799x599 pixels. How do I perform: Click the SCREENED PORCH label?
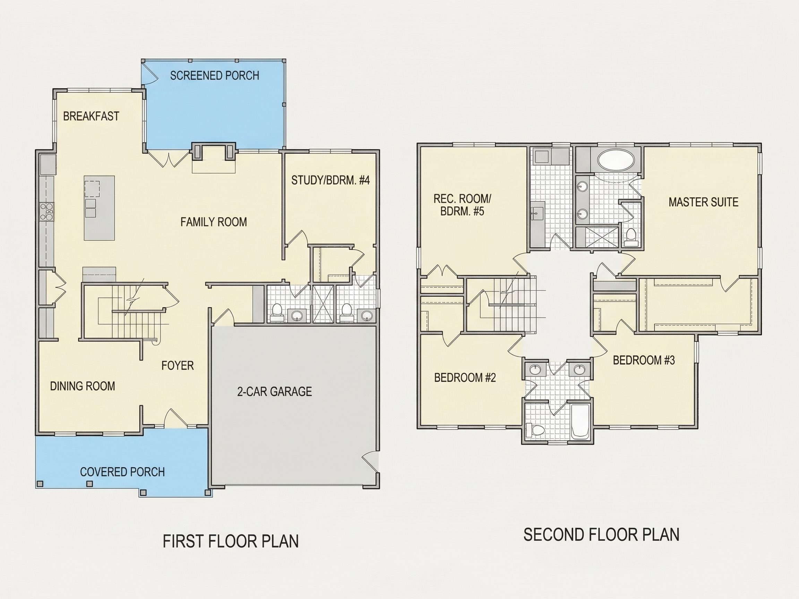(215, 76)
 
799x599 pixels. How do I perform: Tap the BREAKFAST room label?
(91, 116)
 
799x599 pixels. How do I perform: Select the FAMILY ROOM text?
(214, 222)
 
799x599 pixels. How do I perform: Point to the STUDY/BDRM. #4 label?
(330, 180)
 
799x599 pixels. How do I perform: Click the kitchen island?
(99, 208)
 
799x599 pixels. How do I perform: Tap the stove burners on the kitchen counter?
(47, 211)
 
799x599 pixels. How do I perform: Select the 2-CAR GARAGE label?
(275, 391)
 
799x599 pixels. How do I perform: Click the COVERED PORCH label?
(122, 472)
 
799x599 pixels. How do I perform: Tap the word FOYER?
(177, 366)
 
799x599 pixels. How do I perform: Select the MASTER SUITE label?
(703, 202)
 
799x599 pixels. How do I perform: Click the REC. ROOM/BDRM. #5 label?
(462, 205)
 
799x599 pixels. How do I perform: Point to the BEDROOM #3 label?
(644, 360)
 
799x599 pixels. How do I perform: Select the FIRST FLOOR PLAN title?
(231, 541)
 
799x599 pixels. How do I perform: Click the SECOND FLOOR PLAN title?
(601, 535)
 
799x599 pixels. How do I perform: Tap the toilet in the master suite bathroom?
(631, 236)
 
